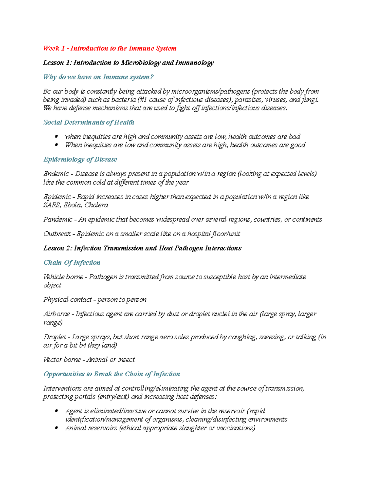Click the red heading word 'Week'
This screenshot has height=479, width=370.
coord(51,48)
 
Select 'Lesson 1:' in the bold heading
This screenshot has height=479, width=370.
coord(57,63)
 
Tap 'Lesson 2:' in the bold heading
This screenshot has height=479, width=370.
coord(58,248)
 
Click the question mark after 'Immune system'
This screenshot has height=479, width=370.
coord(151,77)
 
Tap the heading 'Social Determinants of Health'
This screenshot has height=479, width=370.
coord(89,122)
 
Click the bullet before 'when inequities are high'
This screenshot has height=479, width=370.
coord(56,137)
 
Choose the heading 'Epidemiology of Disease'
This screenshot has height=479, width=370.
coord(80,159)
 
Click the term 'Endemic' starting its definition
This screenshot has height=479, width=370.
coord(56,174)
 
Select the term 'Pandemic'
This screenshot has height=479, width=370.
coord(58,219)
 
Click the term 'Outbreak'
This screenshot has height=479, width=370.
coord(57,234)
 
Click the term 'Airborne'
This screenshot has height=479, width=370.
coord(57,314)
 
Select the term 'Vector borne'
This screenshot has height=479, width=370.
coord(62,360)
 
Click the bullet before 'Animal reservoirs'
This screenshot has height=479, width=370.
coord(56,428)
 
